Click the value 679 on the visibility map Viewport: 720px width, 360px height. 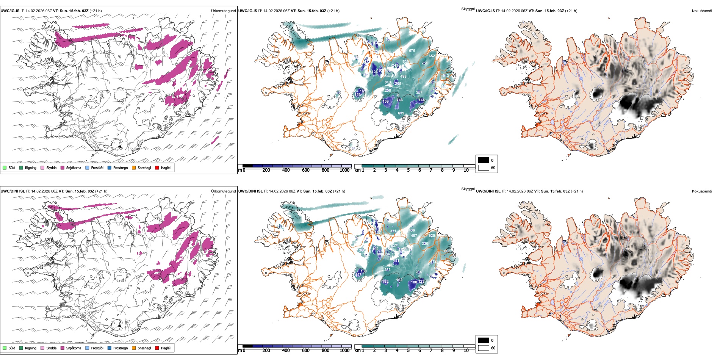click(x=412, y=51)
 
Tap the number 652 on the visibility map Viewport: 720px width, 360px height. click(x=432, y=56)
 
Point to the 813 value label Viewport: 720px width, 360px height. click(x=388, y=82)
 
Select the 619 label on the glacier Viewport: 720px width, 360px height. click(x=401, y=113)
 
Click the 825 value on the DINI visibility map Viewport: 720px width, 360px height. click(x=432, y=236)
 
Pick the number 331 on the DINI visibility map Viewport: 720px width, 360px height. click(x=393, y=231)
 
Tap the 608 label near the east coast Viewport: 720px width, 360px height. click(x=447, y=251)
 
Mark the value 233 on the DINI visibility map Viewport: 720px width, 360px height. click(x=387, y=270)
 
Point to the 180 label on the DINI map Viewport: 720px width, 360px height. click(x=414, y=282)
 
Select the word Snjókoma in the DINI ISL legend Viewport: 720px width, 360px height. click(x=74, y=348)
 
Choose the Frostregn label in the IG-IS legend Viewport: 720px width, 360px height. click(x=121, y=168)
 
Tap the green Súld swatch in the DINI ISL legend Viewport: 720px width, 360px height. click(x=5, y=348)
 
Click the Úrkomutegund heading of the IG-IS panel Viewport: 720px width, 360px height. click(x=223, y=11)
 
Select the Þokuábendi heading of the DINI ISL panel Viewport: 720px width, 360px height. click(x=702, y=191)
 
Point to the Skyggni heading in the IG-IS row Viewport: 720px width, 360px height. click(x=468, y=9)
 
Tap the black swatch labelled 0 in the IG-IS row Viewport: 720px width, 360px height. click(x=484, y=160)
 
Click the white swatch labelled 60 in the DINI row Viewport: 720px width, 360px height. click(x=484, y=348)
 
